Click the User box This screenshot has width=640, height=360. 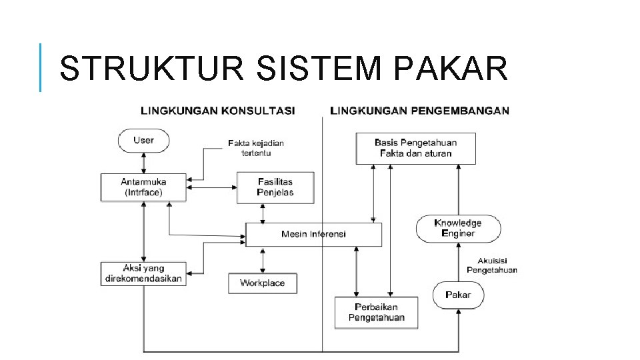pos(143,141)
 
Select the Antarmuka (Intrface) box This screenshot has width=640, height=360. pos(143,187)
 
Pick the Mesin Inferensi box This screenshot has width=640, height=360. pos(313,234)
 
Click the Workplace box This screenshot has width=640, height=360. pos(262,283)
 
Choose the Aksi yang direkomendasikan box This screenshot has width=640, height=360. pos(143,274)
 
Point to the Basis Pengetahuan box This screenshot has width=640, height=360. pos(415,148)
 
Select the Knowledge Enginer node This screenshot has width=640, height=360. pos(458,228)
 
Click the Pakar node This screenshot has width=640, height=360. pos(458,295)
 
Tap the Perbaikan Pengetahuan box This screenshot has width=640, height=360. pos(376,312)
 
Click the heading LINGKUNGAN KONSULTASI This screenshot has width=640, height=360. pos(217,111)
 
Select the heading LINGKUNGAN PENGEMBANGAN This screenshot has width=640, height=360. pos(420,111)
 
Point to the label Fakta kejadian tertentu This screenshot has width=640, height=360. pos(255,148)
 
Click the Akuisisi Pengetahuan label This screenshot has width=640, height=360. pos(491,265)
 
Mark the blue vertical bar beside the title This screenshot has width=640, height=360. pos(41,67)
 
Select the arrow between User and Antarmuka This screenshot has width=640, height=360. pos(143,163)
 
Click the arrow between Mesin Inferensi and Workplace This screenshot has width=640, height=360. pos(263,260)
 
